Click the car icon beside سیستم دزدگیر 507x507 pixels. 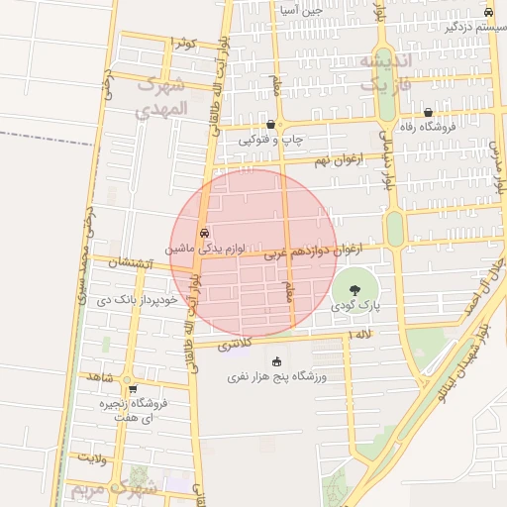[488, 12]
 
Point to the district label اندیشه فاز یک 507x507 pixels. [368, 73]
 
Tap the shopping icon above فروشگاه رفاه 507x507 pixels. [427, 113]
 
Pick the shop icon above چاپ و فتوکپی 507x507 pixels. [270, 125]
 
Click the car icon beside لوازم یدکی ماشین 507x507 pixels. [204, 234]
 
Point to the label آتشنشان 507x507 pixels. [129, 263]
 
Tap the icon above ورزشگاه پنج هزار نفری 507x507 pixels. [276, 361]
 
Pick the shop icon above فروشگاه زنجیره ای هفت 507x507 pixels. [132, 389]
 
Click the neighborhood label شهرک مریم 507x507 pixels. [111, 490]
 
